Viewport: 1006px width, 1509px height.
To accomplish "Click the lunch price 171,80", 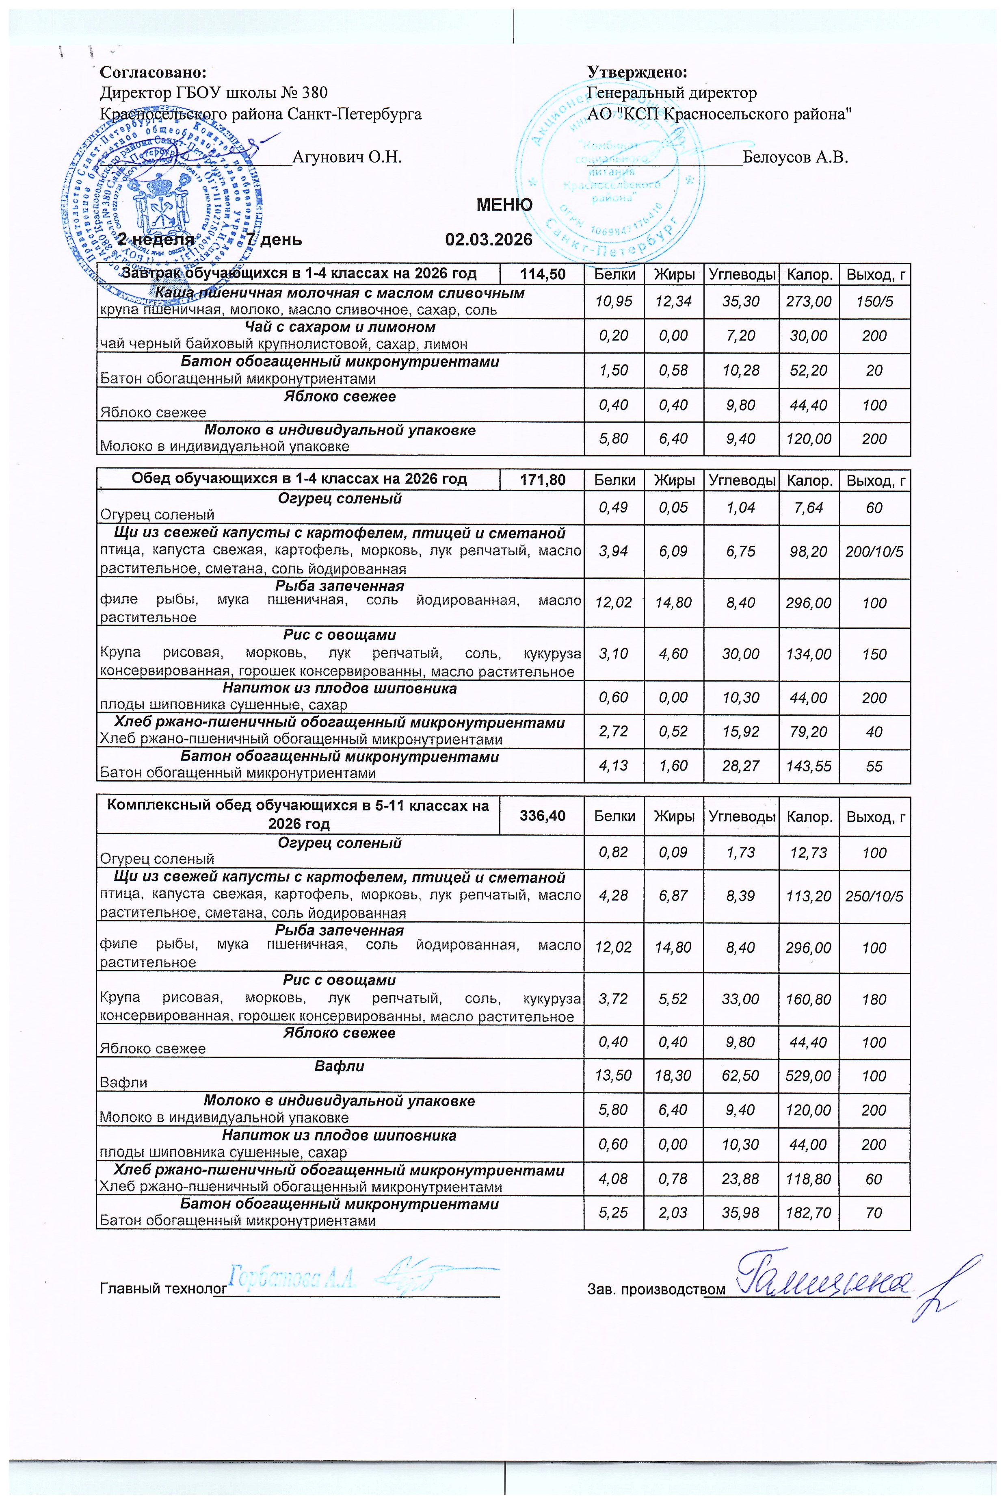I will click(542, 480).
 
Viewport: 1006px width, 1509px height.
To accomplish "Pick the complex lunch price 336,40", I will click(542, 816).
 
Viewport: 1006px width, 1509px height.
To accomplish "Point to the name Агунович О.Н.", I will click(347, 156).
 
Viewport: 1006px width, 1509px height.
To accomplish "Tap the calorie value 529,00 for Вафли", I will click(808, 1076).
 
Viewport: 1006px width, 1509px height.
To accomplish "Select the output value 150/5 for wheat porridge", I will click(874, 302).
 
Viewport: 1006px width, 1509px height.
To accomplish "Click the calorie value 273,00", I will click(808, 302).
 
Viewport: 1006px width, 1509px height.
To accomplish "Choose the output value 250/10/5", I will click(874, 896).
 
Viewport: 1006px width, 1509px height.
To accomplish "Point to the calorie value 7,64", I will click(808, 508).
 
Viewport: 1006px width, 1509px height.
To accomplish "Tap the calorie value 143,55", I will click(808, 766).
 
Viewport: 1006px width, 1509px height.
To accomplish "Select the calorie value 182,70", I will click(808, 1212).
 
